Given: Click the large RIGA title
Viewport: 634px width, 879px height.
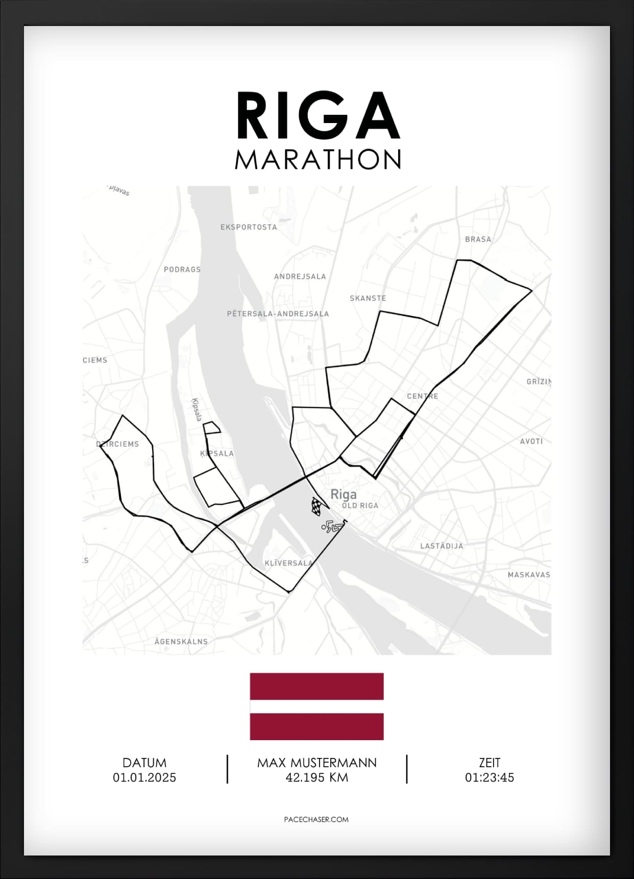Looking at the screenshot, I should (x=318, y=116).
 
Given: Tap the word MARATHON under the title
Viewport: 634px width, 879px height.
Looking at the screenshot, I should (x=318, y=159).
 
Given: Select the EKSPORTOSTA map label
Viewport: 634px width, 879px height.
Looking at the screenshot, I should (x=249, y=227).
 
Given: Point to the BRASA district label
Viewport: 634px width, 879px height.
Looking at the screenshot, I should (x=478, y=239).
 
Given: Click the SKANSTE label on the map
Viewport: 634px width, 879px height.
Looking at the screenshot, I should (x=368, y=298).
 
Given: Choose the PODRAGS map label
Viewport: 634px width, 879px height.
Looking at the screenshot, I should (x=182, y=270).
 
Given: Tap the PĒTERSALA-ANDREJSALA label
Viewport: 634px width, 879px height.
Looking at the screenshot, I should (x=278, y=314).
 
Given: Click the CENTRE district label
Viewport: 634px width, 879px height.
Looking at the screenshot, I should (x=422, y=396).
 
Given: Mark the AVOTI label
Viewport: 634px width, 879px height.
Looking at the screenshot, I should (x=531, y=441).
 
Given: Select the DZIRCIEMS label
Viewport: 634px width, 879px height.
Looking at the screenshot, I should (x=117, y=444).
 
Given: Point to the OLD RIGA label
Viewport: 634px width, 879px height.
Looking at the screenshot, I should (x=360, y=505).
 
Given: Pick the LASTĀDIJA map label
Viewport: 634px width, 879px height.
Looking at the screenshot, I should (x=442, y=546).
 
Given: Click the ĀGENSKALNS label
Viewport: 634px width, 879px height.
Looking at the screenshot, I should (x=181, y=641).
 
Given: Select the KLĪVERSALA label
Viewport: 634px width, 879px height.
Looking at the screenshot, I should (x=288, y=563).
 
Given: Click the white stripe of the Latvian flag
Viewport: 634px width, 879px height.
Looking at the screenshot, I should (x=316, y=706).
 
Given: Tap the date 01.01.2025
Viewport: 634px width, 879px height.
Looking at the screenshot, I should (x=144, y=777).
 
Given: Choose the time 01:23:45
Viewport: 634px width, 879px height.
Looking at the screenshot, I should (x=489, y=777).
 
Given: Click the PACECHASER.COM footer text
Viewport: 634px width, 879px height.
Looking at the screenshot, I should (x=316, y=819).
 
